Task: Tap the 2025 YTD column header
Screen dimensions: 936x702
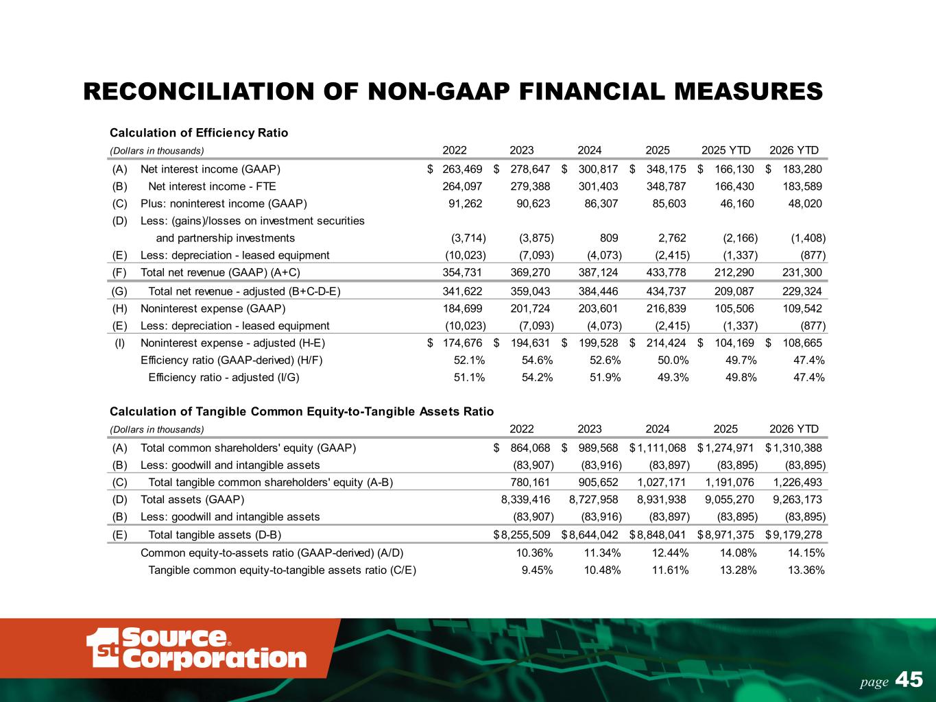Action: (x=725, y=150)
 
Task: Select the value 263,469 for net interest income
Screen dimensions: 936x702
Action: (x=462, y=169)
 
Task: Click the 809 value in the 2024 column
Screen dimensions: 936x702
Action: (x=609, y=238)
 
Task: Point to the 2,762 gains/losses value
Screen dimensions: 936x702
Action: (x=672, y=238)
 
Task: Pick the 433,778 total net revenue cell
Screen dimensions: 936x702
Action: (x=666, y=272)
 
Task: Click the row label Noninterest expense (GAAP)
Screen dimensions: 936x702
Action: (x=213, y=308)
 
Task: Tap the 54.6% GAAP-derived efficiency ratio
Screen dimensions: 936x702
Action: (x=538, y=361)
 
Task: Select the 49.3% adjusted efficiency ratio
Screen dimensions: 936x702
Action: (x=673, y=378)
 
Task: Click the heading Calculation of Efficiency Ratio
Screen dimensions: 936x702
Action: (x=199, y=133)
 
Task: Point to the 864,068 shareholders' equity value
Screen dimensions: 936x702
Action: (x=530, y=448)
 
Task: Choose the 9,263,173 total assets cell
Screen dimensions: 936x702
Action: (x=797, y=500)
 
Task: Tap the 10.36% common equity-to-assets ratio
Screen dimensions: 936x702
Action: (x=534, y=553)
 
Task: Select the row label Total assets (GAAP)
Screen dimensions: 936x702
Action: (x=192, y=500)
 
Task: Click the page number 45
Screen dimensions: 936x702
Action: (x=909, y=679)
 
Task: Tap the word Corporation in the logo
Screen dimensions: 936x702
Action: (x=215, y=659)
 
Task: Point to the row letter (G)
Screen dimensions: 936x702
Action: (x=119, y=291)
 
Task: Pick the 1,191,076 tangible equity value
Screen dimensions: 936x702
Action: (x=730, y=483)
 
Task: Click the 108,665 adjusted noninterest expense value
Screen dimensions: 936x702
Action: (x=802, y=343)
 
